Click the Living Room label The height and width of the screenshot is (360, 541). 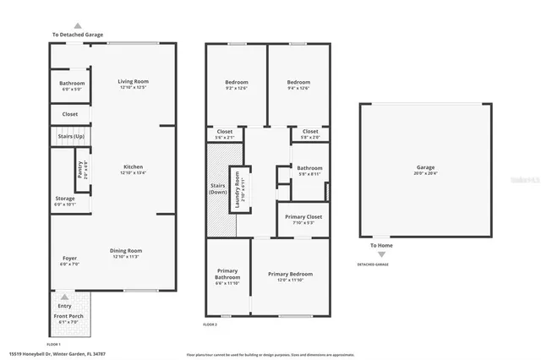click(134, 81)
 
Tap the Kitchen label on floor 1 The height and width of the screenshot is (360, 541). click(134, 166)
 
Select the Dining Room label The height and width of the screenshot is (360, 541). click(128, 250)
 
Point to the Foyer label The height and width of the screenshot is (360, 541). click(69, 258)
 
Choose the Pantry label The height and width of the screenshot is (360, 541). click(80, 170)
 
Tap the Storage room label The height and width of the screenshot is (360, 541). click(65, 199)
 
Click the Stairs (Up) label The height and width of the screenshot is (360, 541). click(70, 135)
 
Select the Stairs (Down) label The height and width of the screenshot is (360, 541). click(218, 188)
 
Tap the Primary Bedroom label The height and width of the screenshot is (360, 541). click(290, 274)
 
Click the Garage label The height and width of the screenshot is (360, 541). click(424, 167)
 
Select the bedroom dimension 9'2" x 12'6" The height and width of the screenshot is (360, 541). click(236, 88)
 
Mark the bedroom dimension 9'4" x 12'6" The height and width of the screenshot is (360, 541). click(298, 88)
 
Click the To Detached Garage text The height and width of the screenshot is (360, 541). click(78, 35)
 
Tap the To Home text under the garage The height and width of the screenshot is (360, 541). click(382, 245)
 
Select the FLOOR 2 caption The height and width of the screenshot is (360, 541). click(210, 325)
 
